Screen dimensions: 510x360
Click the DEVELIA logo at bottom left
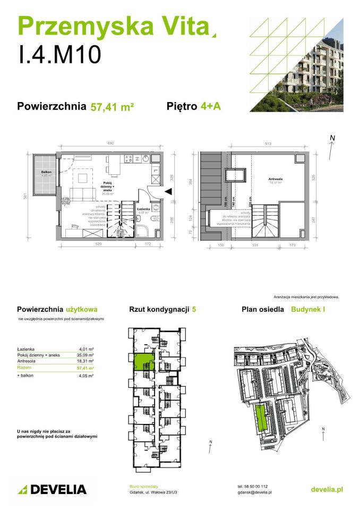[x=52, y=489]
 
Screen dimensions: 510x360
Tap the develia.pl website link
[x=327, y=489]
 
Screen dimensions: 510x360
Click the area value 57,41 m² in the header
[x=112, y=106]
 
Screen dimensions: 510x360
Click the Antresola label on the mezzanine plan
[x=275, y=180]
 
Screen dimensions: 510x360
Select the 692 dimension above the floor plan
[x=110, y=143]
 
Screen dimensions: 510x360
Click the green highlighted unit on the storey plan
[x=142, y=362]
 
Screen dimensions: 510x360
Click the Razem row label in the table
[x=24, y=368]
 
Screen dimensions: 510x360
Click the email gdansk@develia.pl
[x=255, y=492]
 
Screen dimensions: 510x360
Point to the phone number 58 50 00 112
[x=257, y=486]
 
